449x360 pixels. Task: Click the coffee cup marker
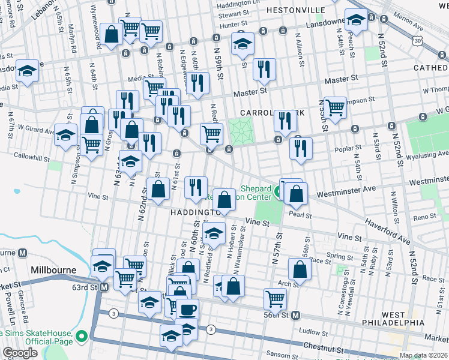pos(187,310)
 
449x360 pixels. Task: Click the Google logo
pos(20,353)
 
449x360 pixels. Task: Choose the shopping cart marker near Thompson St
pos(335,107)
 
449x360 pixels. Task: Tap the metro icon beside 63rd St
pos(104,287)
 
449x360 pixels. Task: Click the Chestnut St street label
pos(324,348)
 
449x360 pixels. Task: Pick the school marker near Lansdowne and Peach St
pos(356,20)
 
